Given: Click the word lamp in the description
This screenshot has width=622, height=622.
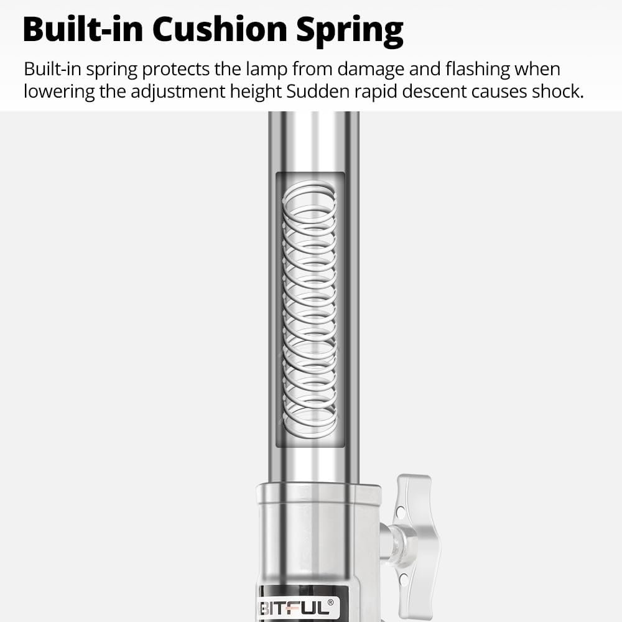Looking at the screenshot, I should tap(261, 69).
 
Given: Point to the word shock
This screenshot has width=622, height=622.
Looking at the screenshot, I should tap(559, 91).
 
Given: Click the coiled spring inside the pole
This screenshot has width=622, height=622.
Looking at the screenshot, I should tap(309, 309).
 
